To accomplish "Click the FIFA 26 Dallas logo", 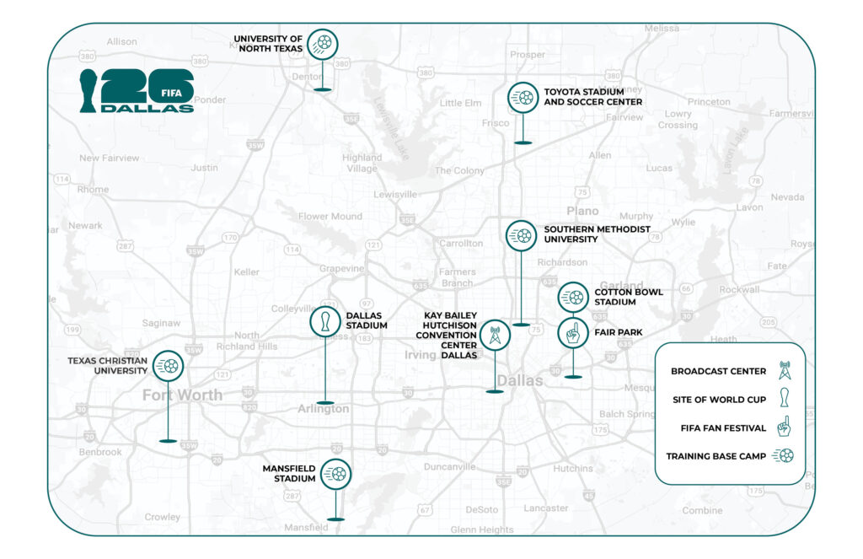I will pos(137,91).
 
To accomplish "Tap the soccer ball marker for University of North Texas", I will pos(322,43).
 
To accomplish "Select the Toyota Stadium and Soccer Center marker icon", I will pos(523,97).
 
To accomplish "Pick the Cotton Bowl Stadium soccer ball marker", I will pos(573,298).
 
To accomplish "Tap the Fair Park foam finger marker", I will pos(573,333).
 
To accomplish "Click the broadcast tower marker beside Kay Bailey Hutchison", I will pos(495,336).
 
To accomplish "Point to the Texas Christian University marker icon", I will pos(169,366).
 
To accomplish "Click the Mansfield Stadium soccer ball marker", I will pos(336,474).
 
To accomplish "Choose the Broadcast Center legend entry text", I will pos(719,371).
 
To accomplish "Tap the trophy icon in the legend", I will pos(784,400).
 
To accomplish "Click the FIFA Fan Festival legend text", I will pos(723,428).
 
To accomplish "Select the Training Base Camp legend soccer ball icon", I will pos(785,456).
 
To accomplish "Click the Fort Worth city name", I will pos(182,395).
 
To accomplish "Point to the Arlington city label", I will pos(323,409).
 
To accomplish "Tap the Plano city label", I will pos(582,211).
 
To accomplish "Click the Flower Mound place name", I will pos(330,216).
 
